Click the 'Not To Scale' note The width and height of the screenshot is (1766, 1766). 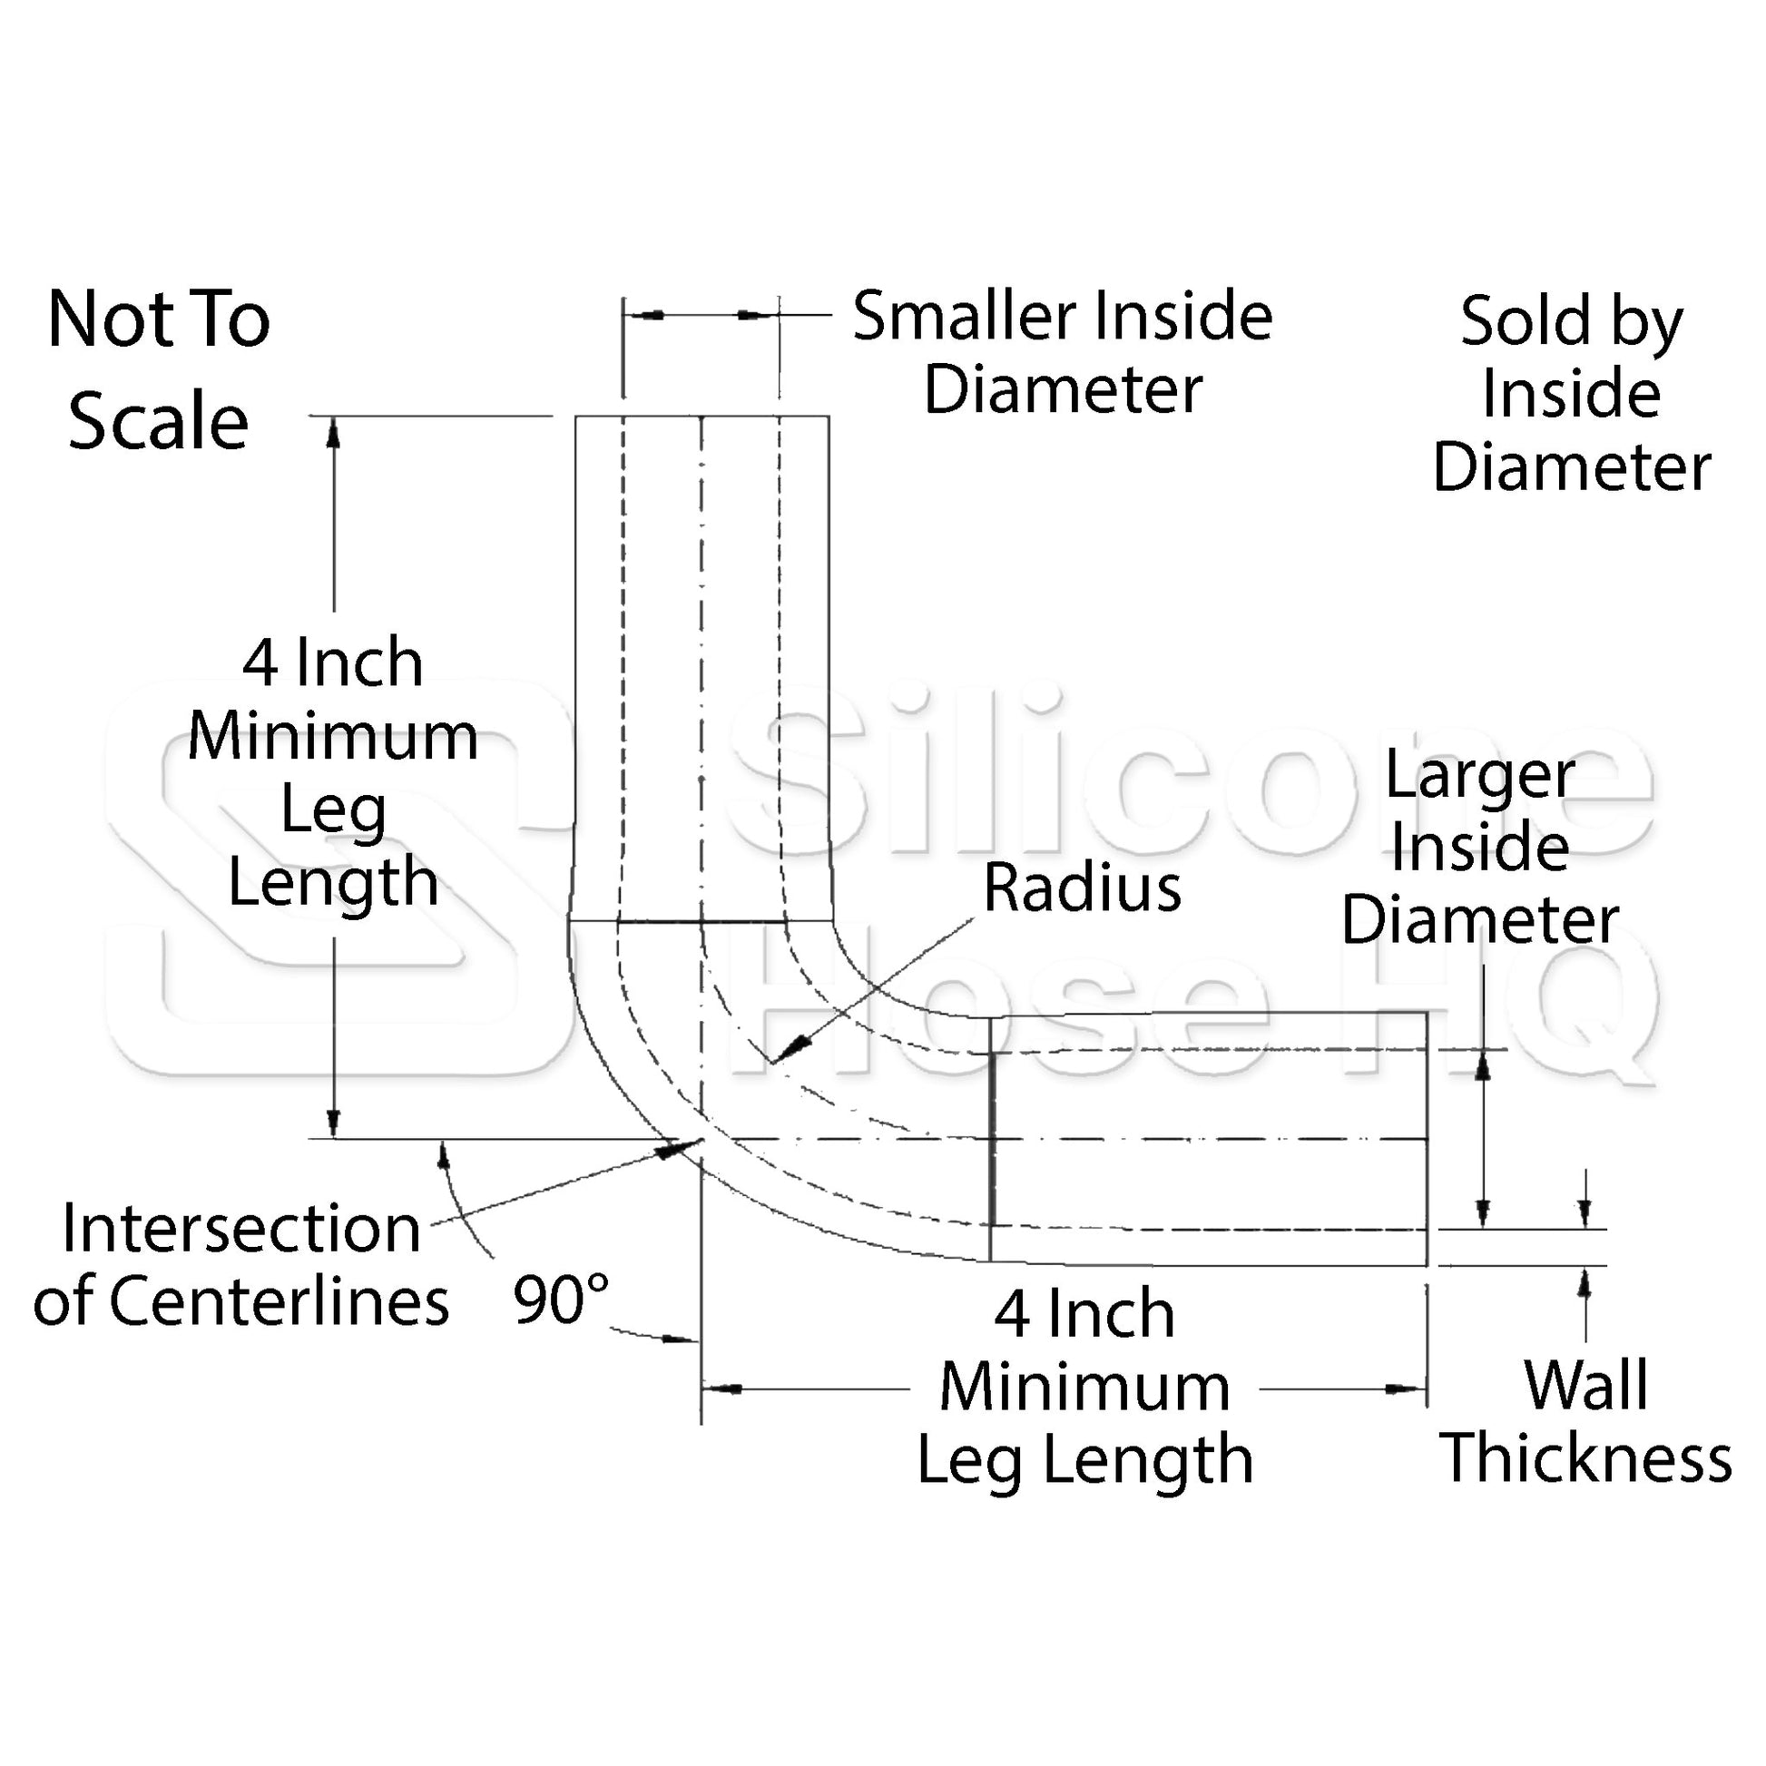click(158, 371)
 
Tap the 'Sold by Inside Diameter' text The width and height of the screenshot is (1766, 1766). click(1570, 394)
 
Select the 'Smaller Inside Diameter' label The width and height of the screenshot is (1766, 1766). click(1062, 354)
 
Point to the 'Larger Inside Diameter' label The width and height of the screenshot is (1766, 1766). click(1480, 848)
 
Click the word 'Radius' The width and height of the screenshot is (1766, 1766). click(1083, 888)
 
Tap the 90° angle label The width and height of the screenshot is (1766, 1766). click(560, 1300)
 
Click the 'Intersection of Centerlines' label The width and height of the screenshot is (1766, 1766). click(241, 1264)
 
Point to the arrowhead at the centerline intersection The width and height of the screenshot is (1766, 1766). click(674, 1148)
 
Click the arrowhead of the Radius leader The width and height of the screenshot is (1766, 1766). click(786, 1050)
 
